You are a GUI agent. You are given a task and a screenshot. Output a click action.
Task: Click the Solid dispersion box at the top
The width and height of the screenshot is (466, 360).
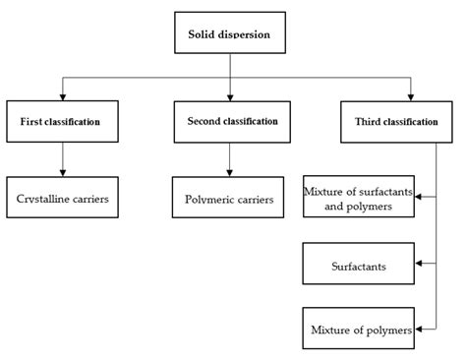(229, 32)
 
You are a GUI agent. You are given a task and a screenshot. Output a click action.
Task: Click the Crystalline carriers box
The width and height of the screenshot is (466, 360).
(62, 198)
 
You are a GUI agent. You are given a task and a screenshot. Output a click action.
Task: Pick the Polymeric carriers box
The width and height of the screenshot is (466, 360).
(228, 198)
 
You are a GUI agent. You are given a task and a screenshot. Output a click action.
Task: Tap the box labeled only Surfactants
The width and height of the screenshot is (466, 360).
(358, 265)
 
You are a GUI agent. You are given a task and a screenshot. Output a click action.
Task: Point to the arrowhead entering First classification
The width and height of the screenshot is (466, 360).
(62, 96)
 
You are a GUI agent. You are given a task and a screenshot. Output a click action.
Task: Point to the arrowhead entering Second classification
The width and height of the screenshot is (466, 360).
(229, 96)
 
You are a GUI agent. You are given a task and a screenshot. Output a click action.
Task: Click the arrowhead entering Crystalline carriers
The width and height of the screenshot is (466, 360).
(62, 173)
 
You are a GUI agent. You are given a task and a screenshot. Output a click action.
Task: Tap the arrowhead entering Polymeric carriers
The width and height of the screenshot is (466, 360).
(229, 173)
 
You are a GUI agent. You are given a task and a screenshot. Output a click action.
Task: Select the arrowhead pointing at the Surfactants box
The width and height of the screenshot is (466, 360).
(419, 265)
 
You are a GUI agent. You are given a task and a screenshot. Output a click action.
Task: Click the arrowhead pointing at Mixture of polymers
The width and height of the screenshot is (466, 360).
(419, 329)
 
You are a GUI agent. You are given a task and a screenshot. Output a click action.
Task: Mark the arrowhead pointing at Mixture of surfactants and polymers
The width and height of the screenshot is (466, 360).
(419, 196)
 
